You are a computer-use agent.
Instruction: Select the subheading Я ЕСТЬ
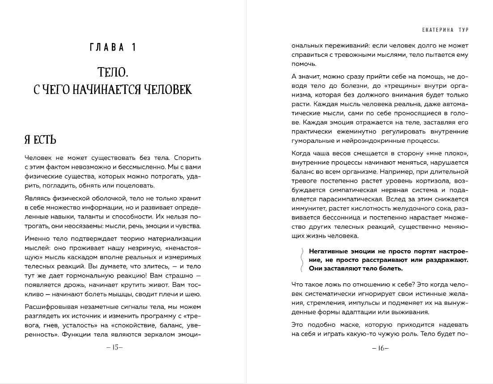(x=40, y=140)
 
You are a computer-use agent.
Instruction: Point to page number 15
(x=115, y=347)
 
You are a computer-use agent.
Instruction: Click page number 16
(x=380, y=347)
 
